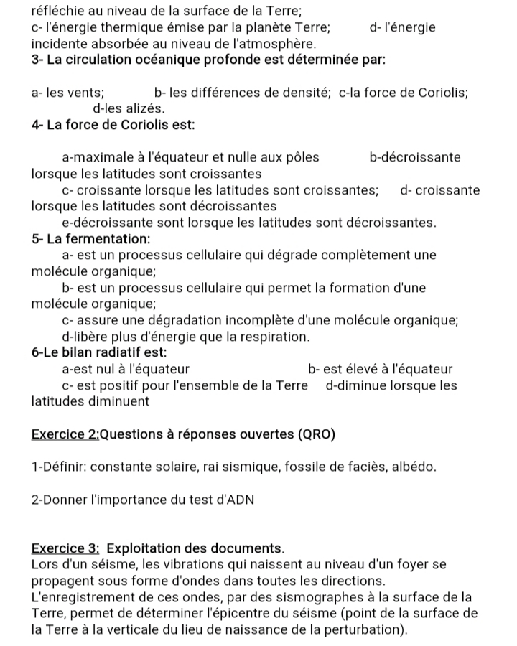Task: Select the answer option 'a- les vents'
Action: click(67, 93)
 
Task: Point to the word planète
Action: click(257, 28)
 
